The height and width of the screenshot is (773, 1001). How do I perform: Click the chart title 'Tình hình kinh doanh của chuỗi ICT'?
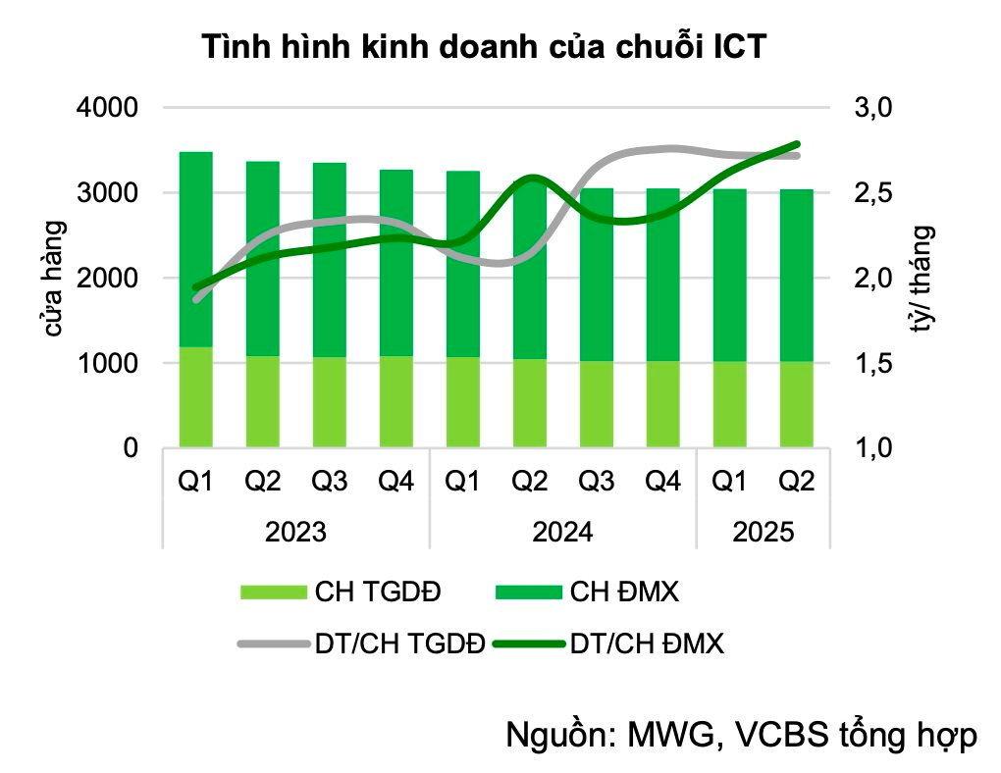pyautogui.click(x=483, y=47)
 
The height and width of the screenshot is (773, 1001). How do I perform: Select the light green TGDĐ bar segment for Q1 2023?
pyautogui.click(x=196, y=397)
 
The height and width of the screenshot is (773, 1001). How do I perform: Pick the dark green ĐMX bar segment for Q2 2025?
pyautogui.click(x=796, y=275)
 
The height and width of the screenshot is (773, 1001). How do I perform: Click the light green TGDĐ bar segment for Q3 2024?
pyautogui.click(x=597, y=404)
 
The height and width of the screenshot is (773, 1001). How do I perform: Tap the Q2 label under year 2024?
pyautogui.click(x=530, y=482)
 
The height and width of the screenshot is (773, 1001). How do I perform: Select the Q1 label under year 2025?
pyautogui.click(x=729, y=482)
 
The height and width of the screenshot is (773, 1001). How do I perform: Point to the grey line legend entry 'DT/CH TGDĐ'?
pyautogui.click(x=399, y=644)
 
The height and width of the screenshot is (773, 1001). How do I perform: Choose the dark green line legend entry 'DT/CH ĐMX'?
pyautogui.click(x=647, y=644)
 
